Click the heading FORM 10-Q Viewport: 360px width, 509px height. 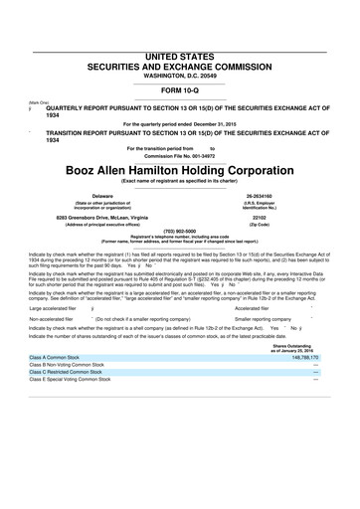pos(179,65)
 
